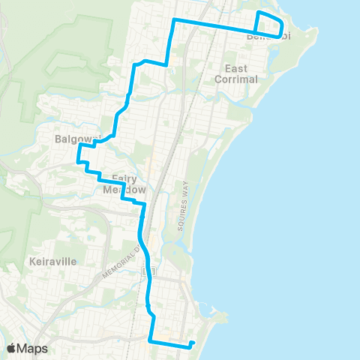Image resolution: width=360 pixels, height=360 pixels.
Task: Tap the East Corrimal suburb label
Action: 235,73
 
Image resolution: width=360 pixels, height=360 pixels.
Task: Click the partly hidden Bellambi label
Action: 267,37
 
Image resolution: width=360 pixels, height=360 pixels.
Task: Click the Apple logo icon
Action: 12,348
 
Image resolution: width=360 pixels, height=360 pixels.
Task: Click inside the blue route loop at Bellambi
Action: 268,23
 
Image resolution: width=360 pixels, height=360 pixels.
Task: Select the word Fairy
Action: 123,178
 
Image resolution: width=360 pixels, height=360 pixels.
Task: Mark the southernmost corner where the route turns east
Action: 152,341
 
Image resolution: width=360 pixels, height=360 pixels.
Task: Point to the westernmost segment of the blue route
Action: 78,153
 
